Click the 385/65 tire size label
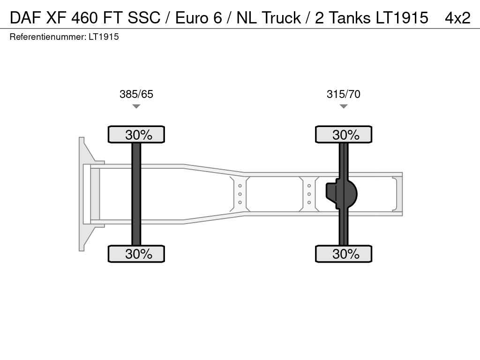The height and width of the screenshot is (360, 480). pyautogui.click(x=136, y=94)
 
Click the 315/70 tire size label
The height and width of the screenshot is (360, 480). pyautogui.click(x=344, y=94)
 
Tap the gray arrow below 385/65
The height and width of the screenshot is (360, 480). pyautogui.click(x=136, y=106)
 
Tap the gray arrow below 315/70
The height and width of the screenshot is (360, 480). pyautogui.click(x=344, y=106)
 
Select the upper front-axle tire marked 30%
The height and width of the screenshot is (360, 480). pyautogui.click(x=136, y=135)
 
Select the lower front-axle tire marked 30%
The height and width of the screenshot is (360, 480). pyautogui.click(x=136, y=254)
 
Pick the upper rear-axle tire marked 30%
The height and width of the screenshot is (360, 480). pyautogui.click(x=344, y=135)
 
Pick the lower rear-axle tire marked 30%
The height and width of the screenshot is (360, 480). pyautogui.click(x=344, y=254)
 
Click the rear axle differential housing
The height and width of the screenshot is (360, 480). pyautogui.click(x=341, y=194)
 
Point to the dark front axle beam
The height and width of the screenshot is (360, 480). pyautogui.click(x=136, y=194)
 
